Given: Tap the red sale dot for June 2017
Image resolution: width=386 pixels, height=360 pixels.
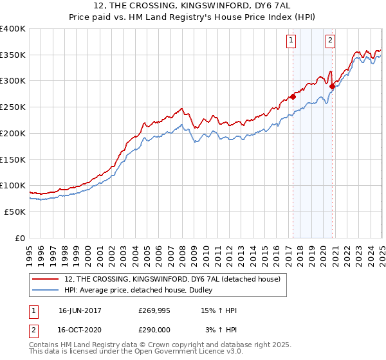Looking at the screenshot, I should (293, 97).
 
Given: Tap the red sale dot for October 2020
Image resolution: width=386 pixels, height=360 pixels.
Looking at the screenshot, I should (332, 86).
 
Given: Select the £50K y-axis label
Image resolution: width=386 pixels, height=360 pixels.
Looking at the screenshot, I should (15, 212).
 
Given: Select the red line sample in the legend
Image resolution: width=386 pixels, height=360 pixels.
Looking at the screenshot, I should (46, 279).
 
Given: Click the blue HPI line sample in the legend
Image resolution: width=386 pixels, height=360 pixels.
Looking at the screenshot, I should (46, 291).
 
